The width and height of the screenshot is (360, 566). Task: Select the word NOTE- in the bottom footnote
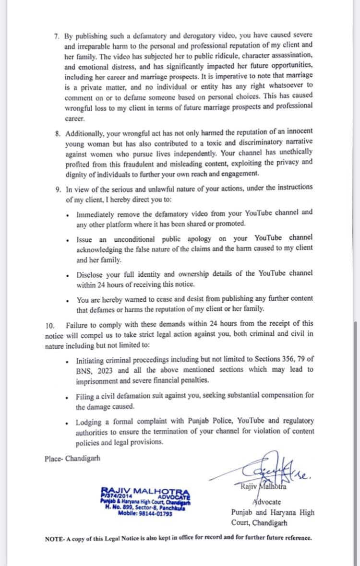[56, 538]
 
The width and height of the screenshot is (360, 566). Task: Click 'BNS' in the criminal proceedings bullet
[84, 370]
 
